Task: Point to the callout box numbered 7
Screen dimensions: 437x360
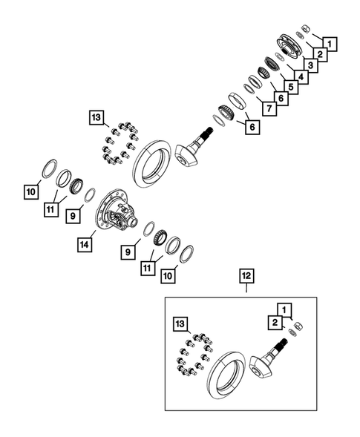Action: coord(265,109)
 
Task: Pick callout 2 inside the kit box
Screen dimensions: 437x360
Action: coord(274,321)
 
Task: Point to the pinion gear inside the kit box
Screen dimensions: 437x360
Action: coord(267,364)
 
